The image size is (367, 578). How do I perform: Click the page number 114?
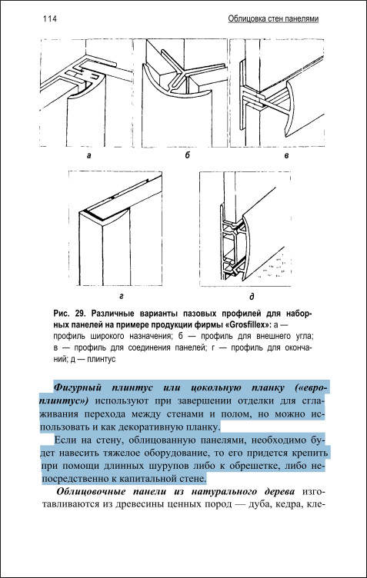click(50, 18)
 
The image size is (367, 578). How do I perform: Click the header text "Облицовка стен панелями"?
click(273, 18)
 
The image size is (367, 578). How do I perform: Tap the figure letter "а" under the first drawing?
click(88, 155)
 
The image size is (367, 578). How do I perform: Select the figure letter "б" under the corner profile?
click(188, 155)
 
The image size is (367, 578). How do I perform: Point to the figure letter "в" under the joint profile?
click(286, 156)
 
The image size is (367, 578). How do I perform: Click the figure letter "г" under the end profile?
click(122, 296)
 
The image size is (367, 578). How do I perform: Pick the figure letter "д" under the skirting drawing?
click(252, 297)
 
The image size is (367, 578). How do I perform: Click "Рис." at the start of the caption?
click(62, 314)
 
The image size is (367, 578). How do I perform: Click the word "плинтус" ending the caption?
click(102, 360)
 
